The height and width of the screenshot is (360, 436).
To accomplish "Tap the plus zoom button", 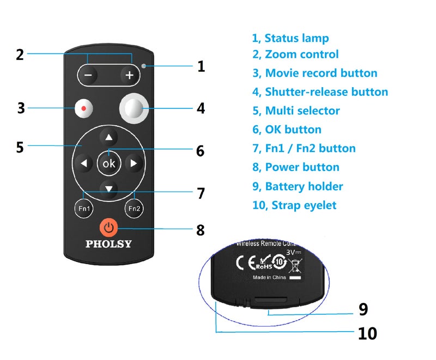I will click(x=129, y=75).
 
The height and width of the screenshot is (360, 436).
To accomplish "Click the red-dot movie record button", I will click(x=83, y=108).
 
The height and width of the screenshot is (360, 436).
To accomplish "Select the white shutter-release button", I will click(x=134, y=108).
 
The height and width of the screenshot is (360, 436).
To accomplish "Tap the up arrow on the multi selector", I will click(x=109, y=137).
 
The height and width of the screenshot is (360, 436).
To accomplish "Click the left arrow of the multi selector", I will click(x=84, y=163).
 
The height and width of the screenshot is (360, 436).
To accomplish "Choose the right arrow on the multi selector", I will click(x=134, y=163).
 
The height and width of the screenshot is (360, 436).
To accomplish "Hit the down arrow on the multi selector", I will click(x=109, y=188).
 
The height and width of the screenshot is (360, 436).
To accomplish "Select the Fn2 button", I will click(x=134, y=208).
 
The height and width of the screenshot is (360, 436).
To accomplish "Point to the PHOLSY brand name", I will click(x=108, y=244).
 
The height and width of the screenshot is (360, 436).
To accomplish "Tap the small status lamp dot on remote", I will click(x=144, y=66).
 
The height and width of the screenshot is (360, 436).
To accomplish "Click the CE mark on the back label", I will click(x=243, y=262).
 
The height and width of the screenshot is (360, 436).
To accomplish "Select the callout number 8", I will click(x=201, y=230).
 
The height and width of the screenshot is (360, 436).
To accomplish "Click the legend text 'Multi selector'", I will click(x=296, y=111).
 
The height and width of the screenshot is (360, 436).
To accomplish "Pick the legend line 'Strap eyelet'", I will click(x=294, y=205).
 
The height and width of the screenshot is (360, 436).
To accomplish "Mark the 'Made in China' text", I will click(x=269, y=277).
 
